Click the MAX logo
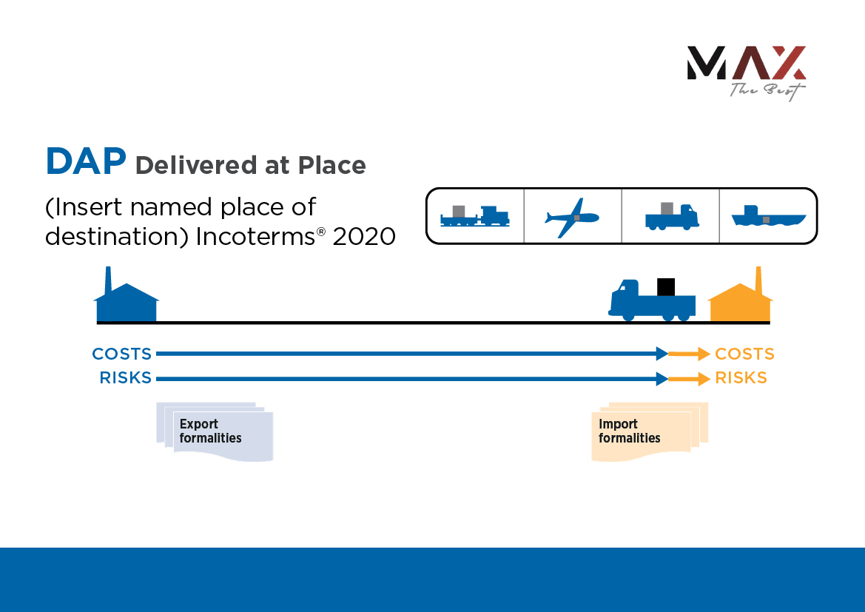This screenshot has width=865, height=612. [746, 70]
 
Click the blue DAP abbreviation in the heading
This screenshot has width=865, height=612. [85, 162]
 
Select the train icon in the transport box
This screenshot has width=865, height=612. [474, 215]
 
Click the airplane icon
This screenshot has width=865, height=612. [572, 216]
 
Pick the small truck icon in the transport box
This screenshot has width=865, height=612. [671, 215]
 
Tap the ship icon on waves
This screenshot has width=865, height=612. [768, 217]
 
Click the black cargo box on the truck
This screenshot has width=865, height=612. [666, 286]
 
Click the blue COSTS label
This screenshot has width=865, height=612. [121, 354]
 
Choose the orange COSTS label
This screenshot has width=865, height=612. [744, 354]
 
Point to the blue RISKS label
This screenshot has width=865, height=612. [125, 378]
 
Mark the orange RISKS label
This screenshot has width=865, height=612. [741, 378]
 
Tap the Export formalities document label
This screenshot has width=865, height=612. [210, 431]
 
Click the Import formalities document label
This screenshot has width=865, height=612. [629, 431]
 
